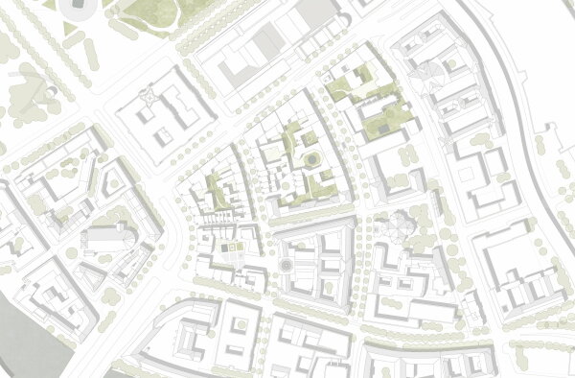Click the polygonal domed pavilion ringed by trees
tap(396, 229)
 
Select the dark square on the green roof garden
tap(383, 126)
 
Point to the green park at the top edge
tap(144, 12)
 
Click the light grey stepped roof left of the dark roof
tap(269, 38)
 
